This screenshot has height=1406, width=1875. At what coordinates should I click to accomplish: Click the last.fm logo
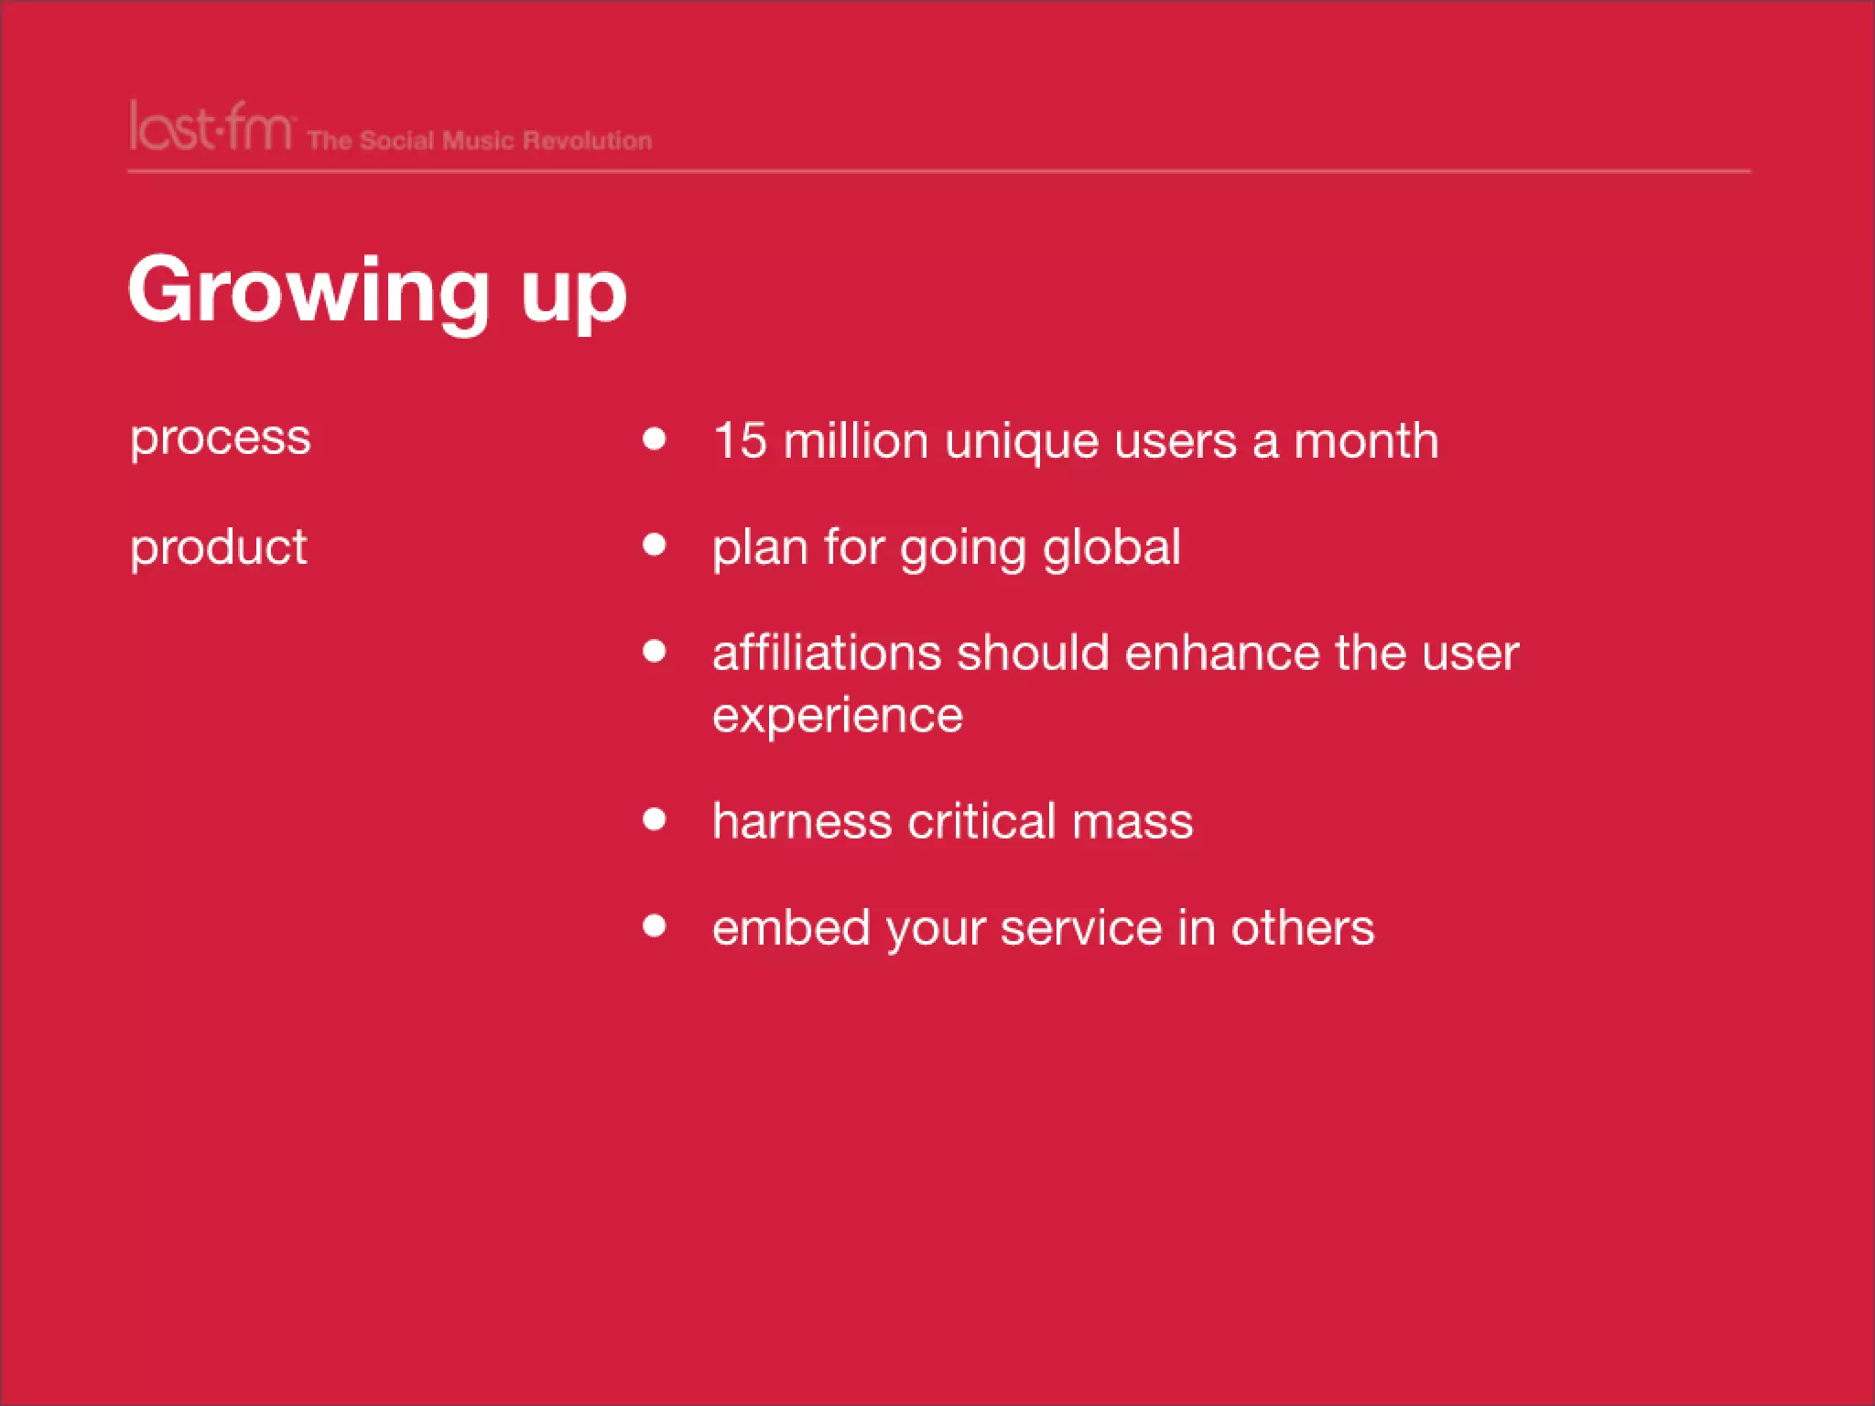point(211,127)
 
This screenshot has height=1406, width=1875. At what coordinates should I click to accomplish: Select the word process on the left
point(220,438)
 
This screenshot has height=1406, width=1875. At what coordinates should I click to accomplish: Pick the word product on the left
point(218,547)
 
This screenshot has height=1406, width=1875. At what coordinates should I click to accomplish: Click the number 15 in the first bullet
point(739,440)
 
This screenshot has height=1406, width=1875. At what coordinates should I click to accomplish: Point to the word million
point(855,440)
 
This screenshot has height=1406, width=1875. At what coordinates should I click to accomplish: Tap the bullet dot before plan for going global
point(654,546)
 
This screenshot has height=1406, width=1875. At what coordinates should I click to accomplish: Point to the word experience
point(837,715)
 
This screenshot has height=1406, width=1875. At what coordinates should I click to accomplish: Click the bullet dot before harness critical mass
point(654,818)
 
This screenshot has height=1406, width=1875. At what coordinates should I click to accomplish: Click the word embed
point(790,927)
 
